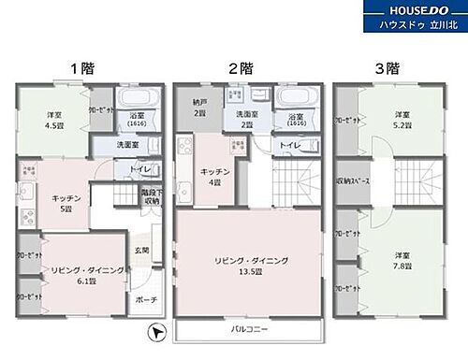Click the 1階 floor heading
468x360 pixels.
pos(80,68)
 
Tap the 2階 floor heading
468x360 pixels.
pos(240,68)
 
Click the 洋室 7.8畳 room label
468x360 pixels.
pos(401,260)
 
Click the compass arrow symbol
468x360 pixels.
pos(158,331)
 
